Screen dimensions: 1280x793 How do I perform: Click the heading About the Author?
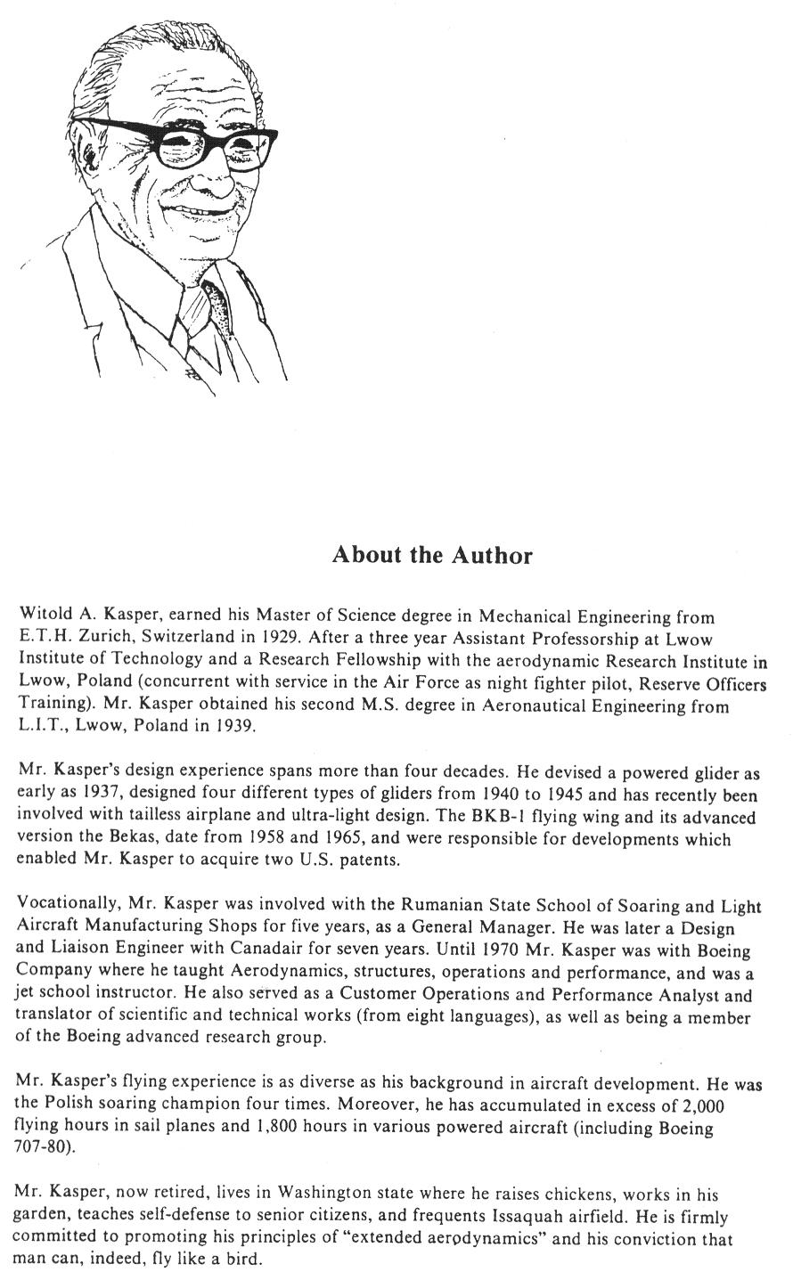click(431, 555)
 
